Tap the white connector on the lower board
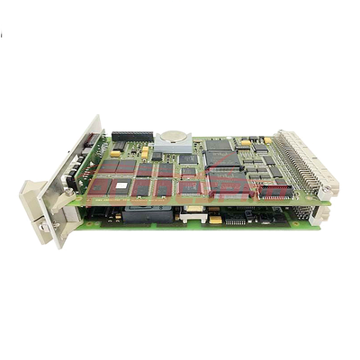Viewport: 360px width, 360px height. point(191,214)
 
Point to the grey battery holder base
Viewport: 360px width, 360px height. point(171,147)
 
